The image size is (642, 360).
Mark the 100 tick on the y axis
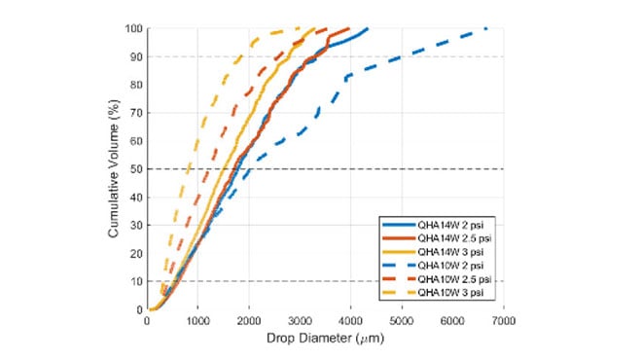(134, 28)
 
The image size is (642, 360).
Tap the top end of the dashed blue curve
(485, 28)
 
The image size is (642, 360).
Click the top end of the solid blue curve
(368, 28)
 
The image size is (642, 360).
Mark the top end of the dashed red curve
(348, 28)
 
